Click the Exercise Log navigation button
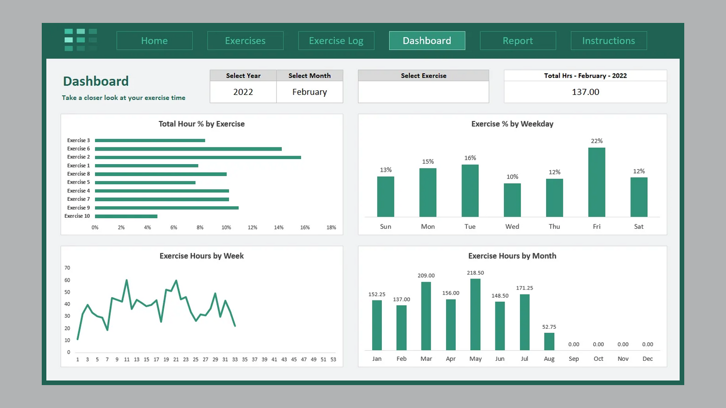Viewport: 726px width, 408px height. (336, 41)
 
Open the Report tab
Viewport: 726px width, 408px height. (518, 41)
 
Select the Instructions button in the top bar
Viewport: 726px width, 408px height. (608, 41)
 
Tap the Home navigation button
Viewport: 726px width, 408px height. (154, 41)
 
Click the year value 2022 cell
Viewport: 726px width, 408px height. (243, 92)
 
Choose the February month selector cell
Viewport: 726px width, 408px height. (309, 92)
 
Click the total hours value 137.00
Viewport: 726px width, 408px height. (585, 92)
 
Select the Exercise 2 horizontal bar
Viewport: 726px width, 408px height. (198, 157)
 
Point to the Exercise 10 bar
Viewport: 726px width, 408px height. (126, 216)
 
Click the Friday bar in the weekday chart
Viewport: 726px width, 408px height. (596, 182)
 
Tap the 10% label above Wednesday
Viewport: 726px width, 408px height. (512, 177)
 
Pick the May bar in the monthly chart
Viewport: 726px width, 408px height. (475, 315)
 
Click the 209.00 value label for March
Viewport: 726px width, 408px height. (426, 276)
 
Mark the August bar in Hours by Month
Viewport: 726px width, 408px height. (549, 341)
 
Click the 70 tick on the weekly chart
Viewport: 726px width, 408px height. (67, 268)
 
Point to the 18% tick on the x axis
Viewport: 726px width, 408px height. (331, 227)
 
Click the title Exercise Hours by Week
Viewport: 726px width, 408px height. (201, 256)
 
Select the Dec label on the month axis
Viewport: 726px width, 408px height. (648, 359)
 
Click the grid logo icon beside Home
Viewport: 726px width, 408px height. (80, 40)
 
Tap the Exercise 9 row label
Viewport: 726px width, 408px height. (78, 208)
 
